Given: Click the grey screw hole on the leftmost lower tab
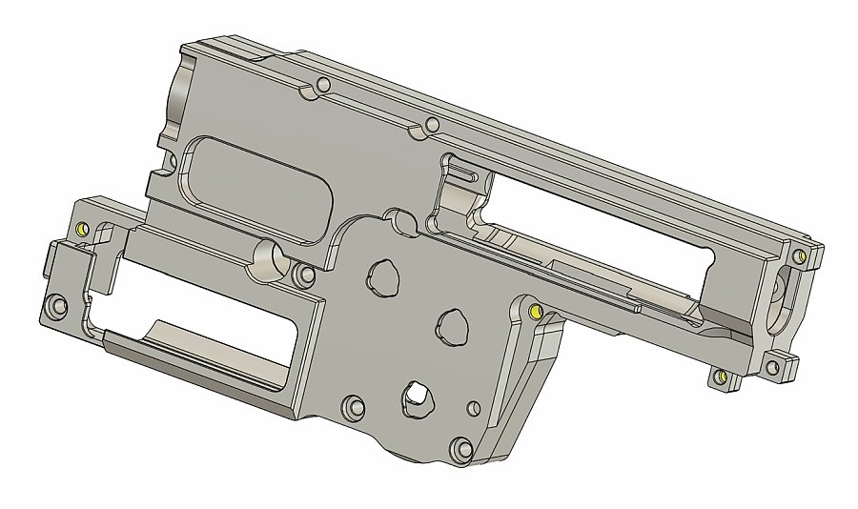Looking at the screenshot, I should [54, 307].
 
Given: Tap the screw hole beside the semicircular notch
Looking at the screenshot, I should [306, 275].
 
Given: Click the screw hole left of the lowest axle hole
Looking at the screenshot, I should [353, 407].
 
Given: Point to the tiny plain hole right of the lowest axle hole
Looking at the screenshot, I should [469, 410].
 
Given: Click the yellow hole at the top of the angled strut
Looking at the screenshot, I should [534, 311].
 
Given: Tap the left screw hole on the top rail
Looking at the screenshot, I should [323, 86].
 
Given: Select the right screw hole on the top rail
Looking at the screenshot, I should [432, 124].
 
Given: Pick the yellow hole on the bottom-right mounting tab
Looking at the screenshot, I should [722, 377].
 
